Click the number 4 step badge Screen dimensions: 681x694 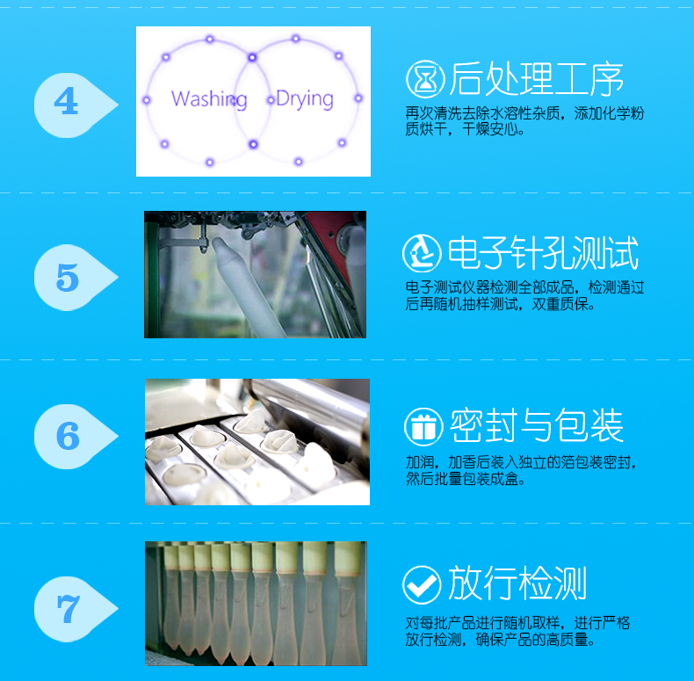click(67, 102)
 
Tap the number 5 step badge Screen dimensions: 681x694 click(67, 278)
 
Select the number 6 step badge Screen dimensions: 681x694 click(67, 437)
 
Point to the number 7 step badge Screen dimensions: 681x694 click(67, 607)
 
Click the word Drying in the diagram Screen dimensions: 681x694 click(304, 98)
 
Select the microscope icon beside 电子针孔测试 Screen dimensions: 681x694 click(423, 254)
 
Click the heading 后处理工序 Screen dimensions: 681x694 click(536, 79)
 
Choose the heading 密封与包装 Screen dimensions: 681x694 click(537, 426)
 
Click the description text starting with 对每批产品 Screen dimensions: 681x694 click(517, 632)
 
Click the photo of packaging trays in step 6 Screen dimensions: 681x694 click(257, 442)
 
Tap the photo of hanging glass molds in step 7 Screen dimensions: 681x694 click(255, 603)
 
